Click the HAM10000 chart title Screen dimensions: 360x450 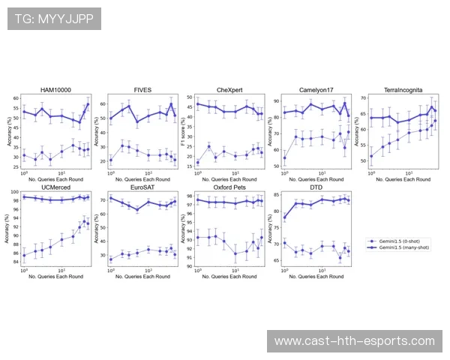(55, 90)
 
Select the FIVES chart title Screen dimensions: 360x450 (142, 90)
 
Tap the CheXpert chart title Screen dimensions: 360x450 (229, 90)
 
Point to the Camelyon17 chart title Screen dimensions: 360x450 (316, 90)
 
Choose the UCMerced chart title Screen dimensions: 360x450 (55, 186)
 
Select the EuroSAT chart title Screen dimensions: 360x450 (142, 186)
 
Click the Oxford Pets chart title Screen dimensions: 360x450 (229, 186)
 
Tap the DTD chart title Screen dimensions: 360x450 (316, 186)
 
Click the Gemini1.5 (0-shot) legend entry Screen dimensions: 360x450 (398, 241)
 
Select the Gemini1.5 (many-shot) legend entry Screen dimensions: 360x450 (401, 247)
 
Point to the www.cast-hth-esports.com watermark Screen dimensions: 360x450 (354, 341)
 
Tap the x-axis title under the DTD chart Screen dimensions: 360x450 (316, 277)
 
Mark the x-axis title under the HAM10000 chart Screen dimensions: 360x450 (55, 181)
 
